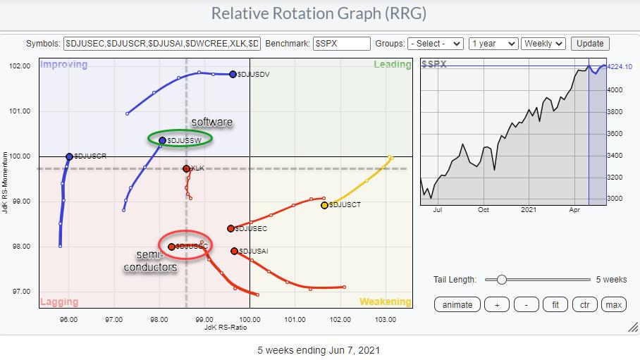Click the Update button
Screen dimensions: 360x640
click(591, 43)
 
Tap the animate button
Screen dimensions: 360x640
click(457, 304)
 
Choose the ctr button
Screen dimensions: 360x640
click(584, 304)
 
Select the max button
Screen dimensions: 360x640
click(613, 304)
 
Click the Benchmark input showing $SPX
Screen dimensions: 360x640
click(342, 43)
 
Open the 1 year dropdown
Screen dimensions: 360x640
click(493, 43)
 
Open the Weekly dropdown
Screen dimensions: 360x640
click(543, 43)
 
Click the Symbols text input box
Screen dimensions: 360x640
click(162, 43)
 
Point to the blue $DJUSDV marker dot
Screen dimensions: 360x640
click(233, 74)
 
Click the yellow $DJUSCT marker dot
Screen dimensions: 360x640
click(325, 205)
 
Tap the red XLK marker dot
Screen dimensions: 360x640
click(186, 168)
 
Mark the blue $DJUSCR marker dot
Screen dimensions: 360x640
click(69, 156)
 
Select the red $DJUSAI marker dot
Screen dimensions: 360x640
click(235, 251)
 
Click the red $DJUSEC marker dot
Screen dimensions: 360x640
click(230, 228)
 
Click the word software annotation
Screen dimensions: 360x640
click(211, 123)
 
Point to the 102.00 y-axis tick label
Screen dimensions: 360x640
click(21, 66)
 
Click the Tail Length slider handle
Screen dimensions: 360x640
click(501, 279)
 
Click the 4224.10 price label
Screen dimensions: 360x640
click(620, 67)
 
